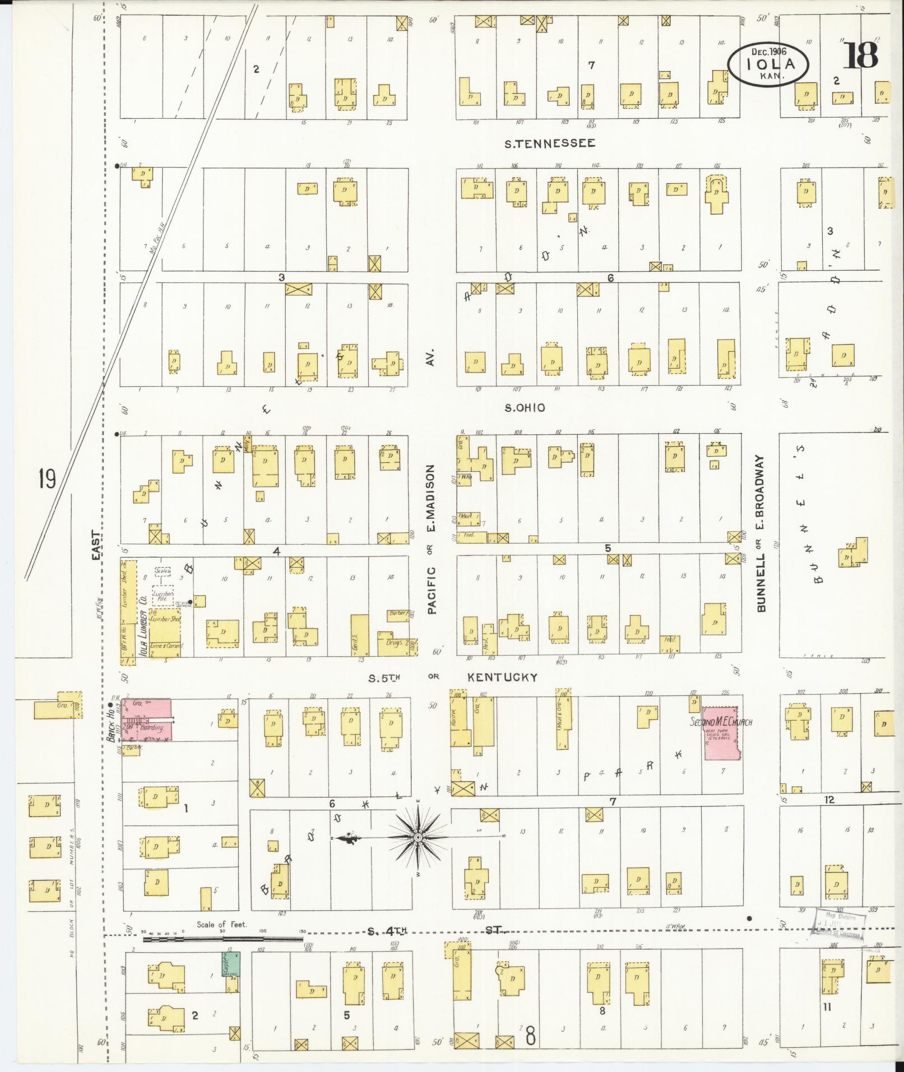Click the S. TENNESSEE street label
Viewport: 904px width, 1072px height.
549,143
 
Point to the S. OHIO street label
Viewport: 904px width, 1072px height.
524,408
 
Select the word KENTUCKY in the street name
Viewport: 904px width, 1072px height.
502,677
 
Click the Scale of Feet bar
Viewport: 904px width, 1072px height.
224,939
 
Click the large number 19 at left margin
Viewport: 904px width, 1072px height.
47,479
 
